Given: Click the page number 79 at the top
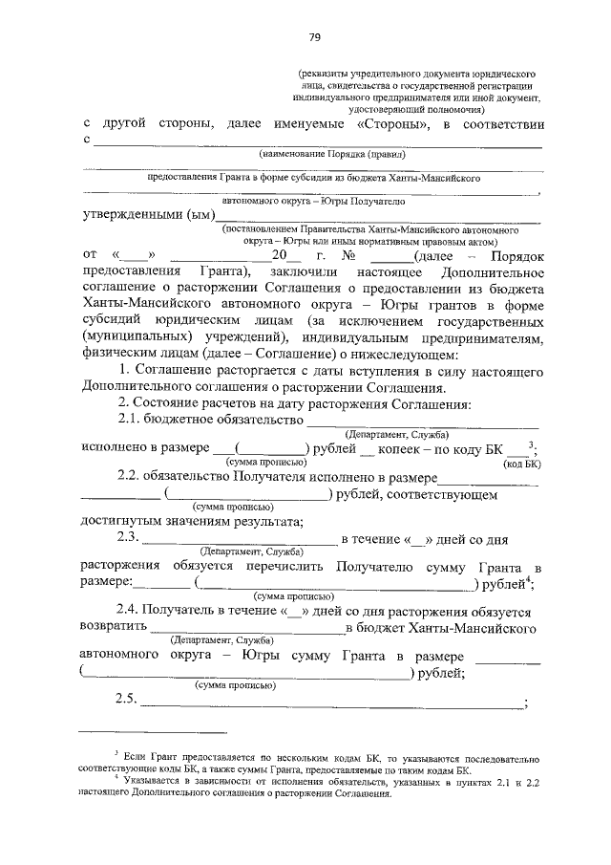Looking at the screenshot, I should pyautogui.click(x=313, y=37).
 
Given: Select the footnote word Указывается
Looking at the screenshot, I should pyautogui.click(x=154, y=784).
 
